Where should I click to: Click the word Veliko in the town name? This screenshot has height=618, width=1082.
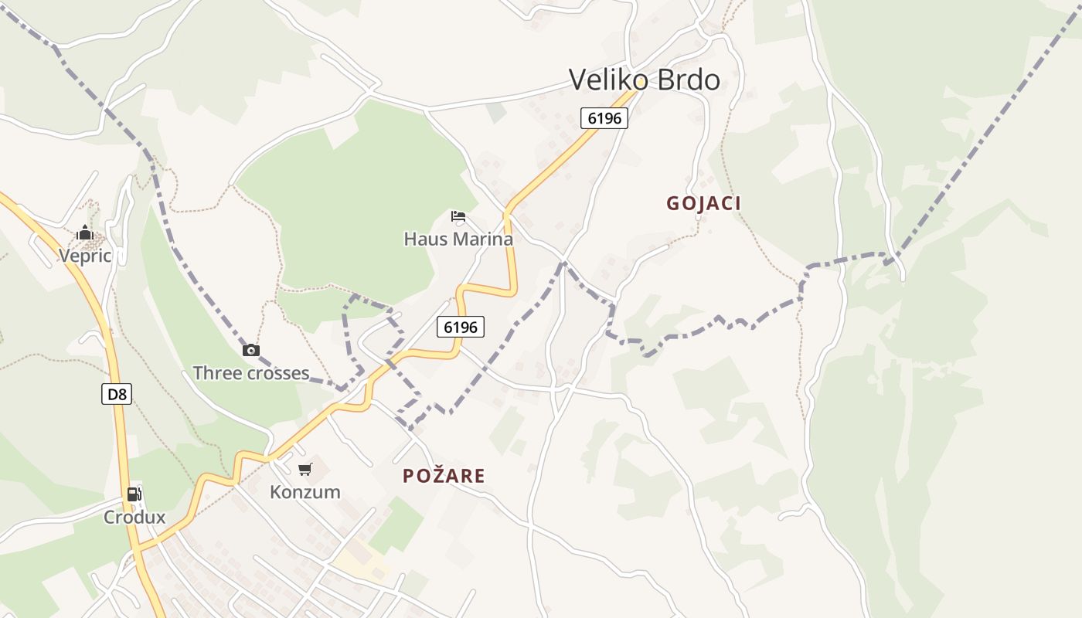606,80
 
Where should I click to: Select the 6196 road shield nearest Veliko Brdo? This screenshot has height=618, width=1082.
604,118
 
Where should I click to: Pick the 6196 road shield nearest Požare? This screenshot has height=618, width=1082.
461,327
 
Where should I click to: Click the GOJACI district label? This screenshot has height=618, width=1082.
703,203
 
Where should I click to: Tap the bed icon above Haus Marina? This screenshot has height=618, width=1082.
458,216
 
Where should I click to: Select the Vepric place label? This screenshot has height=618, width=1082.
85,256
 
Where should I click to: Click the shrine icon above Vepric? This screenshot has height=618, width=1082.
85,233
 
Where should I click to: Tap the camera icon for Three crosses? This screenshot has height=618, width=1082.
251,351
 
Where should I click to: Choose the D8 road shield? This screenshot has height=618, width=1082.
117,394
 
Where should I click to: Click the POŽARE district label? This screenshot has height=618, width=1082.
444,476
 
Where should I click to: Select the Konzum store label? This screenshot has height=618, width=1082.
305,492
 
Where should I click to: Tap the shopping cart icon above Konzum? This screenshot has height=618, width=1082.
305,469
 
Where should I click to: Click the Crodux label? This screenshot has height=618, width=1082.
134,517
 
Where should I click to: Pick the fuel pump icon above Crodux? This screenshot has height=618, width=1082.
134,494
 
